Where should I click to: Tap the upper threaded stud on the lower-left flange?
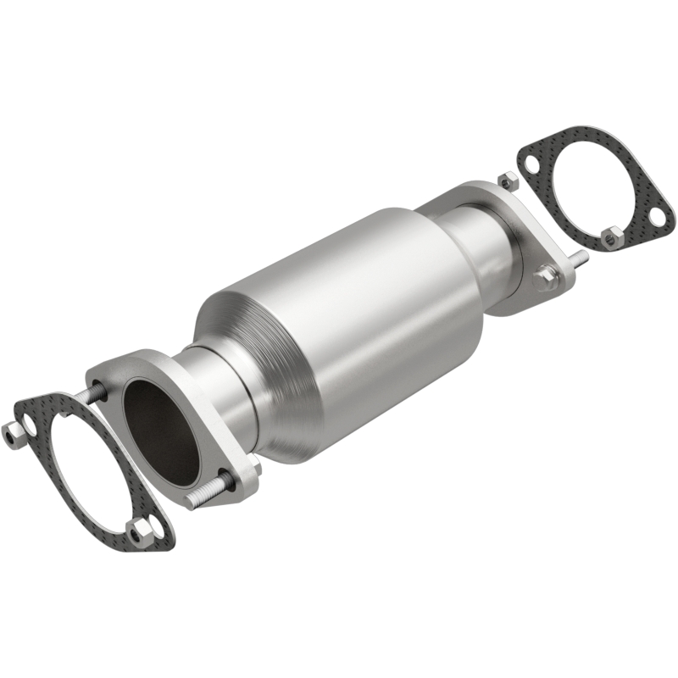point(94,394)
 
